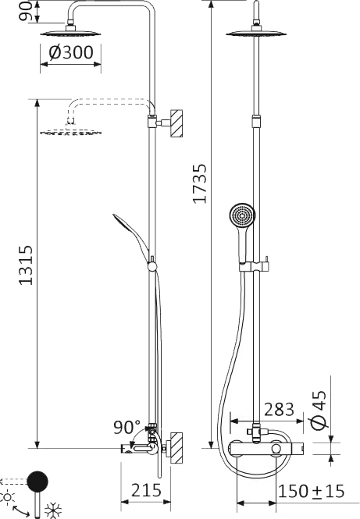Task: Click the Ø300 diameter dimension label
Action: coord(71,53)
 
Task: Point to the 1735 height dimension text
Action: coord(200,184)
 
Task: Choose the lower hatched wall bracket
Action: coord(177,448)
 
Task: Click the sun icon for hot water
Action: coord(9,496)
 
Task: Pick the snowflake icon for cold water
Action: coord(54,511)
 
